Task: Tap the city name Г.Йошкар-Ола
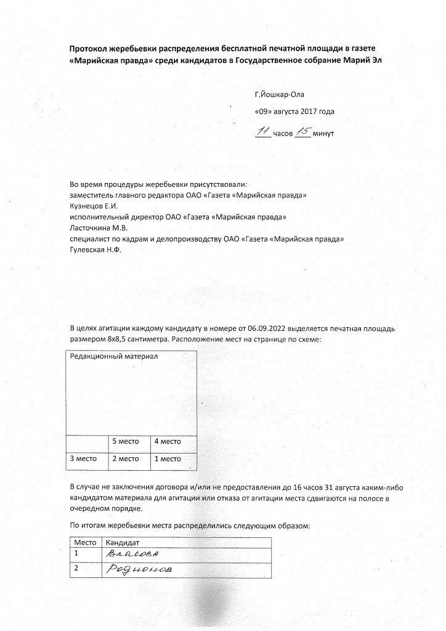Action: click(x=279, y=95)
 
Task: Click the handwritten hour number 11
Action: click(x=263, y=131)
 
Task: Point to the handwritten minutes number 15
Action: click(x=303, y=131)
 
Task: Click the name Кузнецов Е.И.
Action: click(x=93, y=206)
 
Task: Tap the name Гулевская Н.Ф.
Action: click(x=95, y=250)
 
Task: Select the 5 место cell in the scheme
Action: click(x=126, y=441)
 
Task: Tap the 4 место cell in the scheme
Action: click(x=167, y=441)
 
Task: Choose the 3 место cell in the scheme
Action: click(x=83, y=458)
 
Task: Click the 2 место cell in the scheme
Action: click(x=126, y=458)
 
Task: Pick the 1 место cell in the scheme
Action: click(x=167, y=458)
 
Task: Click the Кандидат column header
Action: click(x=123, y=543)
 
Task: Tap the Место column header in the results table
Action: click(x=85, y=543)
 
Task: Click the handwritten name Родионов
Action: click(x=139, y=569)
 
